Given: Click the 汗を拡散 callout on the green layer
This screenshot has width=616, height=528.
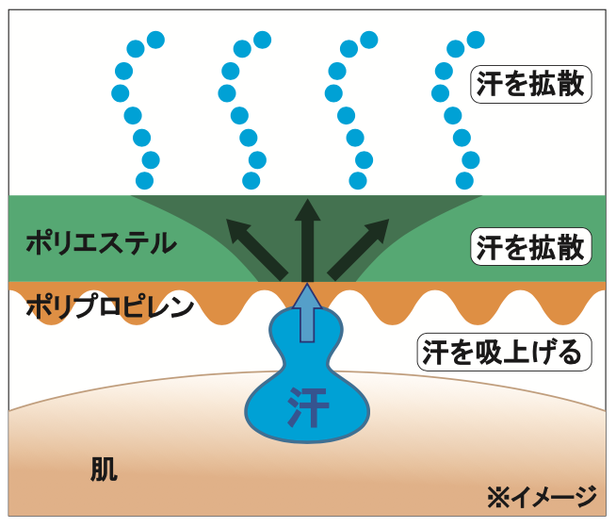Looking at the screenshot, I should (531, 248).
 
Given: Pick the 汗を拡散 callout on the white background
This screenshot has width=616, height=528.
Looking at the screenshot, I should (531, 86).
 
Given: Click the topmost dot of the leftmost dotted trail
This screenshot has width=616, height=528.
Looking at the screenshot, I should (155, 40).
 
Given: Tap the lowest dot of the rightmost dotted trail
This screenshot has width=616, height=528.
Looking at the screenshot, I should (465, 178).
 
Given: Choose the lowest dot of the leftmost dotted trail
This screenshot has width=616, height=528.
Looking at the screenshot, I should (145, 179).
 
